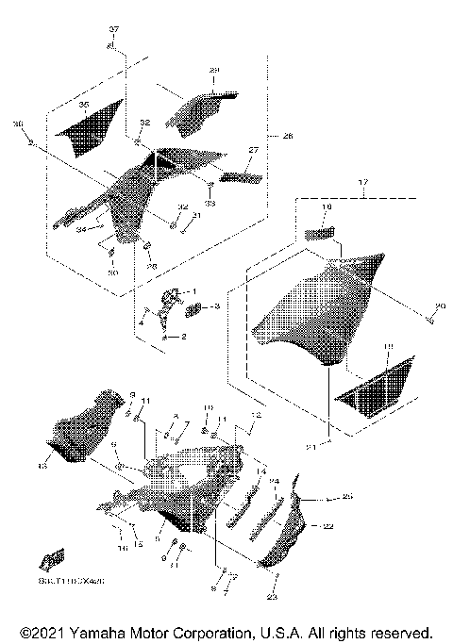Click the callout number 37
(x=114, y=31)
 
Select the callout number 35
(x=83, y=105)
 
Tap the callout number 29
(x=213, y=71)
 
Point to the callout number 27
(x=253, y=150)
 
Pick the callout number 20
(x=437, y=305)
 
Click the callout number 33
(x=210, y=203)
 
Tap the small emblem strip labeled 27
(x=240, y=173)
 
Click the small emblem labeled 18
(x=321, y=233)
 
